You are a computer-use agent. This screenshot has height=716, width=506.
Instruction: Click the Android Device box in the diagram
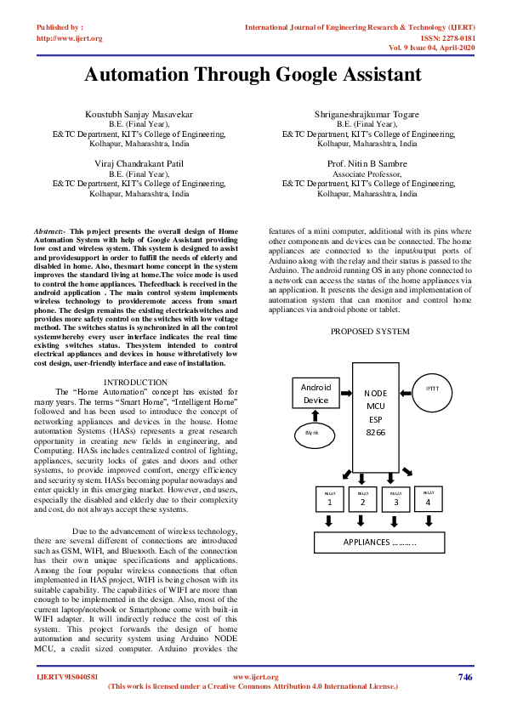click(316, 394)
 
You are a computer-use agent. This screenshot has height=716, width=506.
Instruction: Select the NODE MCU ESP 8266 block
click(375, 412)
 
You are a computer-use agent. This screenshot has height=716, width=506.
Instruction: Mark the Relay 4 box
click(427, 498)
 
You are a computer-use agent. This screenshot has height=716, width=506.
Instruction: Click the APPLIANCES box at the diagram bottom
click(379, 542)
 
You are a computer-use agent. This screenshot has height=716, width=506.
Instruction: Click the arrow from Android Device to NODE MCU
click(346, 392)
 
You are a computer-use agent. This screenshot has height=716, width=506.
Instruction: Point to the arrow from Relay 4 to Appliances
click(427, 520)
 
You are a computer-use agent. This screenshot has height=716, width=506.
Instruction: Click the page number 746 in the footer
click(464, 677)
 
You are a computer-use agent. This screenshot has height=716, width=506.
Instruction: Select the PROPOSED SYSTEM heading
click(370, 331)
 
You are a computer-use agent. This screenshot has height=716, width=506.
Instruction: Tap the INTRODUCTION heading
click(135, 383)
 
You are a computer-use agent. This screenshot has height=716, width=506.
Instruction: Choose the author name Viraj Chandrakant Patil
click(139, 162)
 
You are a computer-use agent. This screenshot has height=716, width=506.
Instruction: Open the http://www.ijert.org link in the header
click(70, 38)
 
